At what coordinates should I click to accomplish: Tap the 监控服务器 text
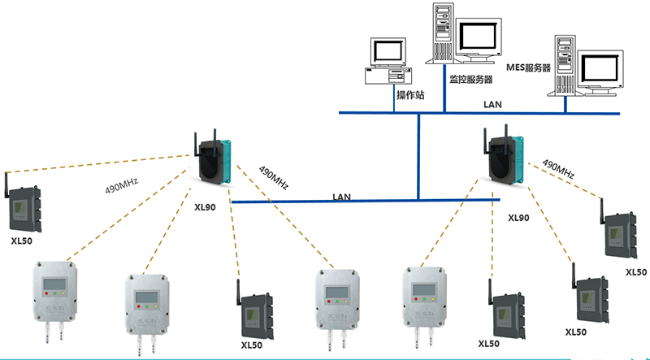pyautogui.click(x=471, y=79)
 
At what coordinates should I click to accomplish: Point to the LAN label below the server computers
pyautogui.click(x=492, y=104)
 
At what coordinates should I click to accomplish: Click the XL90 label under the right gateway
pyautogui.click(x=518, y=218)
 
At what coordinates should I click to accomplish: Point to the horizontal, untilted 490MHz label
pyautogui.click(x=121, y=187)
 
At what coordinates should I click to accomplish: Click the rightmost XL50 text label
pyautogui.click(x=636, y=272)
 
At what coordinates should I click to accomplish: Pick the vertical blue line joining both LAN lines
pyautogui.click(x=418, y=156)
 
